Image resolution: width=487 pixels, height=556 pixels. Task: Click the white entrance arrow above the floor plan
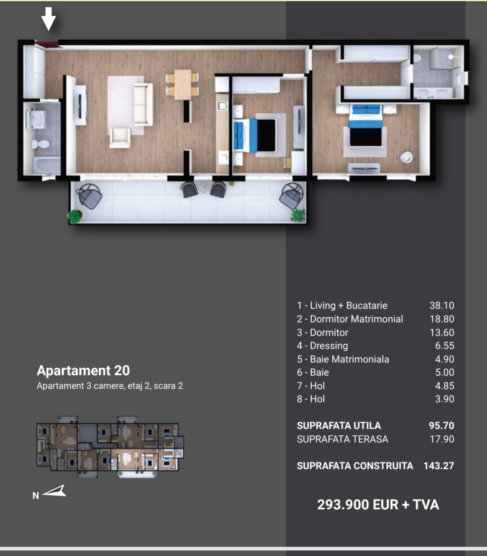point(49,19)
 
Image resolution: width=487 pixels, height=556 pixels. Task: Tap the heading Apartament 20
point(83,370)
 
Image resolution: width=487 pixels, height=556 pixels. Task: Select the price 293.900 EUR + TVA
point(378,505)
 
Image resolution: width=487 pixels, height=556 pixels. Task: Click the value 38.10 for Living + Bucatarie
point(442,305)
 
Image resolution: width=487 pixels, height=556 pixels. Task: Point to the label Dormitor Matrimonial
point(356,319)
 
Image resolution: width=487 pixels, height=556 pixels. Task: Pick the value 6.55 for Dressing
point(445,346)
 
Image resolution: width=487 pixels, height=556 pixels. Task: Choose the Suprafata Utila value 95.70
point(441,425)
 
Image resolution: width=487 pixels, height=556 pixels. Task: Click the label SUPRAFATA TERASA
point(342,439)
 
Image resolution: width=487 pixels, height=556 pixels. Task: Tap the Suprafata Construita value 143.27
point(439,466)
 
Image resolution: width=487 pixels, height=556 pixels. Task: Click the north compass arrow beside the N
point(55,491)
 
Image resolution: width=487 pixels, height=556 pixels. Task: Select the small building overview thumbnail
point(110,447)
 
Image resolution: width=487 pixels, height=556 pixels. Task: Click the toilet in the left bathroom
point(41,144)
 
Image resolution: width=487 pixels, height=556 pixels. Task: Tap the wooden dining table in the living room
point(183,84)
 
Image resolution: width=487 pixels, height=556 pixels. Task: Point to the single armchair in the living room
point(120,138)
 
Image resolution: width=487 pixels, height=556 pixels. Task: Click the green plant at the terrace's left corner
point(74,216)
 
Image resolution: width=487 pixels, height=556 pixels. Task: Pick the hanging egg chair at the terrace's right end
point(291,196)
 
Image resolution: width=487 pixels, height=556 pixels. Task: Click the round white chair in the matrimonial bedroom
point(406,157)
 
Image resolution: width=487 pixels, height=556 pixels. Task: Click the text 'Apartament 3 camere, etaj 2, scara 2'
point(110,386)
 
